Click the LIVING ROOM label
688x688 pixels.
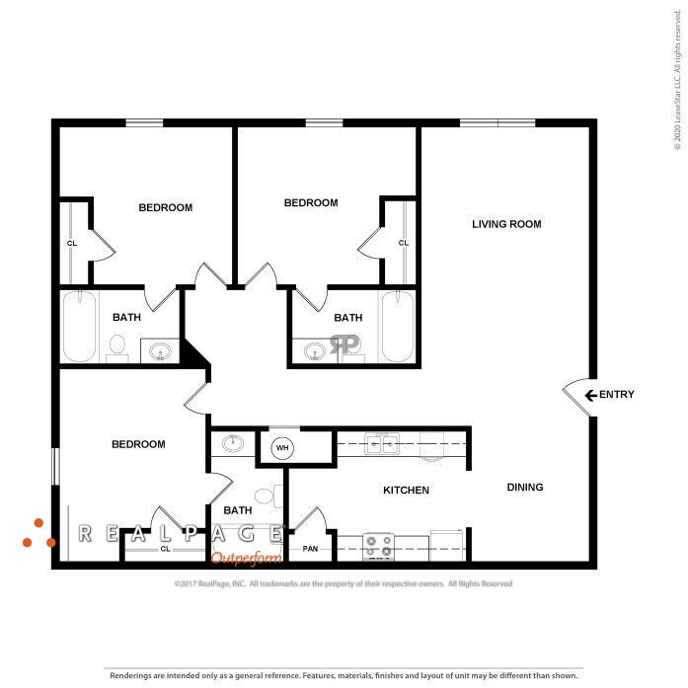point(506,224)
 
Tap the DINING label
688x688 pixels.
point(525,487)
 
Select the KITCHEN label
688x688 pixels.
point(406,490)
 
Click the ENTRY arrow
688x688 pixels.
point(590,395)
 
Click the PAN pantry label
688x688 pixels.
point(310,548)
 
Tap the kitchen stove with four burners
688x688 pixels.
point(379,545)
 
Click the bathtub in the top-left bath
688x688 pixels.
point(80,325)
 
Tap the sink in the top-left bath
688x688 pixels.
point(159,349)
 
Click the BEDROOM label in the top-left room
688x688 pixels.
point(165,207)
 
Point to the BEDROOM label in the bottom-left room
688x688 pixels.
point(137,444)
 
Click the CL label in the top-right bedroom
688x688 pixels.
point(403,243)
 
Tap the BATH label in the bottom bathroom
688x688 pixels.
point(238,510)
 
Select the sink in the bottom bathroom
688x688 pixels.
point(233,443)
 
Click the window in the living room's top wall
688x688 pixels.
point(498,122)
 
